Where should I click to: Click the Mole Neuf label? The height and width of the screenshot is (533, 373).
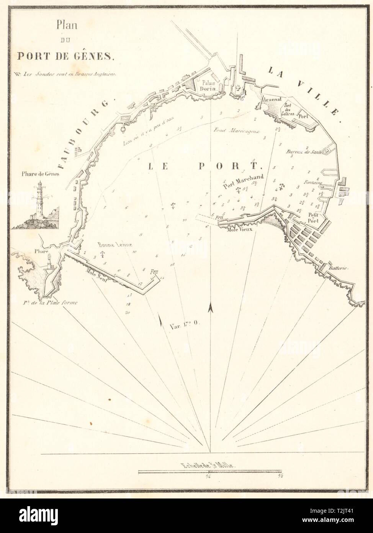(96, 270)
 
